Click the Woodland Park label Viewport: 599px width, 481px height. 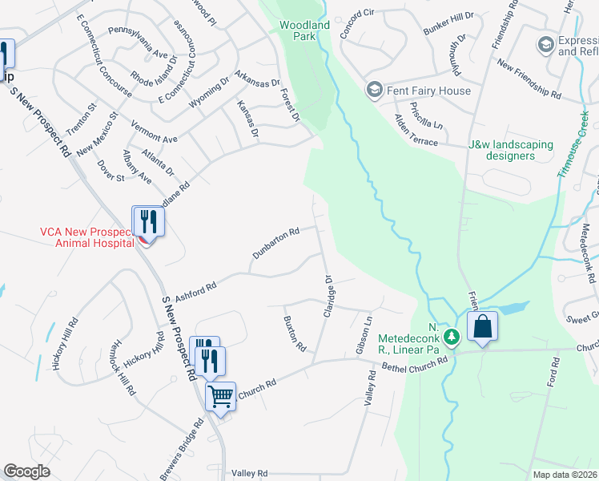coord(304,31)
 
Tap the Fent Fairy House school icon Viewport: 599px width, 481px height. coord(373,91)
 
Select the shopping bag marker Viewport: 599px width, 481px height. coord(482,327)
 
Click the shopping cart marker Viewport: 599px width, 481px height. coord(220,394)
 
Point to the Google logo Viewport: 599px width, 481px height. coord(26,471)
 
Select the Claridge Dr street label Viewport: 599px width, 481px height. coord(328,297)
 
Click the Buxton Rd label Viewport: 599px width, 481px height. coord(295,333)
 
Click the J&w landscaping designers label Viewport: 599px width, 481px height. coord(510,150)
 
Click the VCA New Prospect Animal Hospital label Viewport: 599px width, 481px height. coord(86,237)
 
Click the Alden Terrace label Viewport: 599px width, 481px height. coord(416,130)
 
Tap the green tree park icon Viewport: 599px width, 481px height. coord(452,338)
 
